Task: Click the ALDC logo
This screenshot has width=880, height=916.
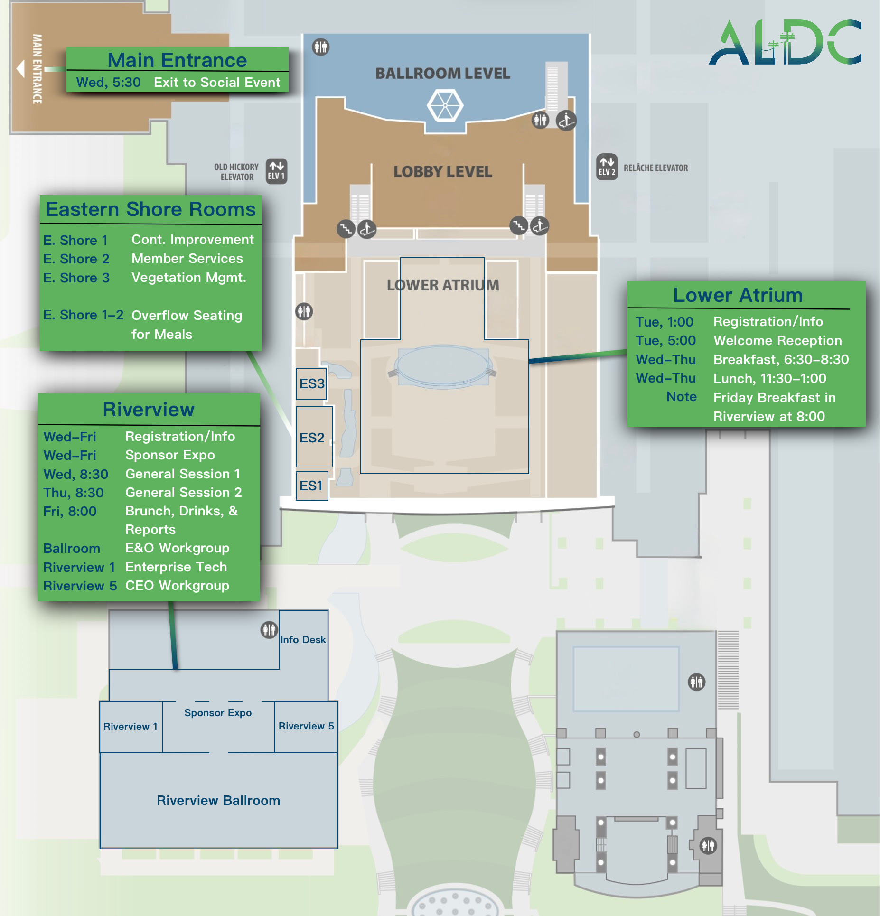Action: point(785,43)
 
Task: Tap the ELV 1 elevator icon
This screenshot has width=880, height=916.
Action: point(276,171)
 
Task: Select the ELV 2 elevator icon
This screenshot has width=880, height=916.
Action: point(607,167)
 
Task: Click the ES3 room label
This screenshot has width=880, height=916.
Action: point(312,383)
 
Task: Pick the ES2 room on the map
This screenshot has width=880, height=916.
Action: point(314,437)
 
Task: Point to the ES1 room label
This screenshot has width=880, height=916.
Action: point(311,486)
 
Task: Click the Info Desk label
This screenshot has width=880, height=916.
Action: point(303,639)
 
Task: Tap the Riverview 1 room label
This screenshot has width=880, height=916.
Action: point(130,726)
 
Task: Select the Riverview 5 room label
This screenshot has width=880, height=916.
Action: point(306,726)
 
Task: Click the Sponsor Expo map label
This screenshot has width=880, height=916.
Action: point(218,712)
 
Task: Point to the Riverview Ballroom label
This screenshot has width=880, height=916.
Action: point(218,800)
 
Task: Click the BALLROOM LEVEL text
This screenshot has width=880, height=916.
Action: point(442,73)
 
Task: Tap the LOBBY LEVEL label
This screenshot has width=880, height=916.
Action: point(442,171)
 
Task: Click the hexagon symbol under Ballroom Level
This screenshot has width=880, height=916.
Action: point(445,105)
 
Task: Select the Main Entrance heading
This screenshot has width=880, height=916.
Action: point(177,60)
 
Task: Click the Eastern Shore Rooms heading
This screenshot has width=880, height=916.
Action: point(150,209)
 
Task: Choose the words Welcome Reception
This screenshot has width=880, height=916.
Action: point(777,340)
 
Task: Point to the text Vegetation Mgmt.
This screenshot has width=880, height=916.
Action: point(188,277)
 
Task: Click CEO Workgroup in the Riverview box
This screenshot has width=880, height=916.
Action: point(177,585)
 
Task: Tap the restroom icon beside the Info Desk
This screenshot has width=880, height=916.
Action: point(269,629)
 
